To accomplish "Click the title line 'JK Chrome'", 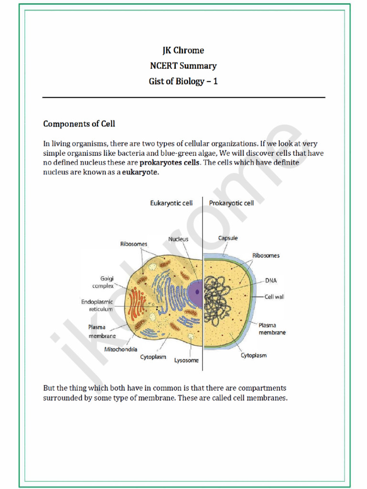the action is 183,51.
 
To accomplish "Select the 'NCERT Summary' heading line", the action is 183,66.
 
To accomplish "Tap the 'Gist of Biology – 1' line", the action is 183,81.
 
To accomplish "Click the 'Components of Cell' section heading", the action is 79,124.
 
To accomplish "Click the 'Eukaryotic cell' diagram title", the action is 172,203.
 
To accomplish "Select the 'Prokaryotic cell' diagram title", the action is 232,203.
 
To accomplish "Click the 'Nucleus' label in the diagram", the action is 178,239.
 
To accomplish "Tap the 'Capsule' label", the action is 228,238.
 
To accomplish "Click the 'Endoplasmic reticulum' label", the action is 97,306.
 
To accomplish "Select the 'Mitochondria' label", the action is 121,349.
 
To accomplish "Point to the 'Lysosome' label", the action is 186,360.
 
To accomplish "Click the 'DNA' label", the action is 271,281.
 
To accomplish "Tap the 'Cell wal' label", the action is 274,297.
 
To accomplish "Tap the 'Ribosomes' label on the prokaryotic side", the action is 266,255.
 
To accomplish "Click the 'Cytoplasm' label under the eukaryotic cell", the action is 153,357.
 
